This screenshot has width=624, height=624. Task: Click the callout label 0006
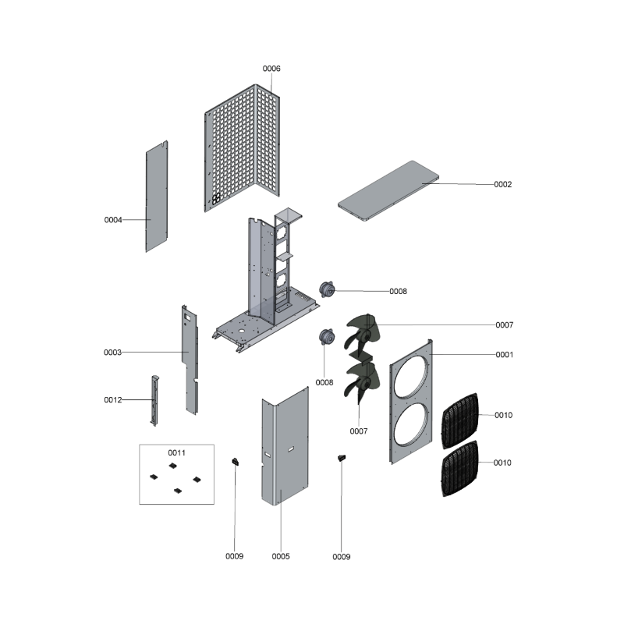coord(271,69)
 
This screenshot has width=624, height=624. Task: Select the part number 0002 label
coord(502,184)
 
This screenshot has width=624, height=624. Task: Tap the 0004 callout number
coord(113,220)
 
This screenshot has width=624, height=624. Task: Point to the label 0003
coord(112,353)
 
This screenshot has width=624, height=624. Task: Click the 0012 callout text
coord(113,400)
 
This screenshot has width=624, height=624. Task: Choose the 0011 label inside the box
coord(177,453)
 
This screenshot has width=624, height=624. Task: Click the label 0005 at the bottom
coord(281,556)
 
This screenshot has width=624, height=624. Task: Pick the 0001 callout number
coord(504,355)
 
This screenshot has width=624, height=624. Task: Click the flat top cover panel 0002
coord(388,190)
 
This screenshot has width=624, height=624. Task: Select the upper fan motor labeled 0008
coord(327,289)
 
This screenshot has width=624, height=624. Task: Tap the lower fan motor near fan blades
coord(327,337)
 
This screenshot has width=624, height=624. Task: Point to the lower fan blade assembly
coord(361,381)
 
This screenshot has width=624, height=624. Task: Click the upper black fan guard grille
coord(460,420)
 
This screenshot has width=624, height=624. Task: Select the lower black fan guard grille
coord(460,468)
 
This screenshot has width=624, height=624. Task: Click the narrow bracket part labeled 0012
coord(154,400)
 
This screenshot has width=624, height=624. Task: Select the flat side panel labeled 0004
coord(157,197)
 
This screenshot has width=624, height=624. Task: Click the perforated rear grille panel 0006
coord(242,148)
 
